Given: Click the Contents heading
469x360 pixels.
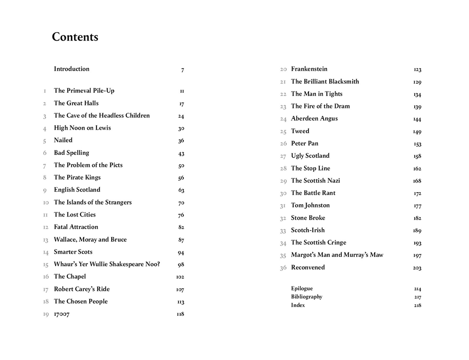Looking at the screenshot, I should point(75,37).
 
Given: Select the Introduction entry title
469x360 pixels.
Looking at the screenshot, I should point(72,69).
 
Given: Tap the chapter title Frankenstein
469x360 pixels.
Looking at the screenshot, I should point(309,69).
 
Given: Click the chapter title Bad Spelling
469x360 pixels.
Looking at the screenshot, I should point(71,153).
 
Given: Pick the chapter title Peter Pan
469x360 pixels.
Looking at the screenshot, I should point(304,143).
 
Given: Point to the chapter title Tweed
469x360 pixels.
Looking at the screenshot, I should point(300,131).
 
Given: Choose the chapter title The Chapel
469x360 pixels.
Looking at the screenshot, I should point(70,276).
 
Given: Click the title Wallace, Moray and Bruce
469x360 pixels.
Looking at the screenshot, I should point(90,240).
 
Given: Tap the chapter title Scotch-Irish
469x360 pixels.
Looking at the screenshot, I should point(308,230).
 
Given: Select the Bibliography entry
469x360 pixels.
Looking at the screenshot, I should point(307,297).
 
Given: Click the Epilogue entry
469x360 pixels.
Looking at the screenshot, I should point(302,289).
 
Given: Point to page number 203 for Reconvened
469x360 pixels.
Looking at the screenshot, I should point(417,268).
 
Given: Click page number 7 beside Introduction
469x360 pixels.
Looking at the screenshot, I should point(183,70).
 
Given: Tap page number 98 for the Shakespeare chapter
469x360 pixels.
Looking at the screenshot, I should point(181,265).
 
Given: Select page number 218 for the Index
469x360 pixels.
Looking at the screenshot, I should point(417,306).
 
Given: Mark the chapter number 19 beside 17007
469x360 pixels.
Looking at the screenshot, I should point(46,314).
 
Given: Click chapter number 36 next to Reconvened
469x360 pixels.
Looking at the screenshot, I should point(283,268).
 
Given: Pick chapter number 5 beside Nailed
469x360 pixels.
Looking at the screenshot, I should point(45,141).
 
